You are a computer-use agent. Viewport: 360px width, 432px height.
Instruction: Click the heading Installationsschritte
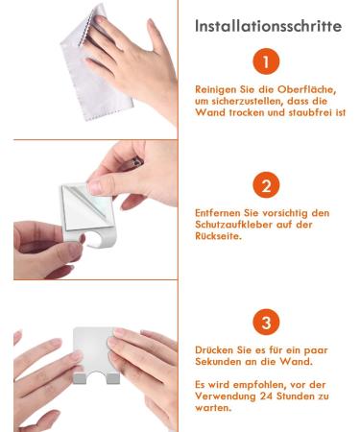tap(268, 26)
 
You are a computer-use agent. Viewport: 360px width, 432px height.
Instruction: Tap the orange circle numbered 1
tap(266, 61)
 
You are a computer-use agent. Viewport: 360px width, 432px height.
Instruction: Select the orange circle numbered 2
tap(266, 185)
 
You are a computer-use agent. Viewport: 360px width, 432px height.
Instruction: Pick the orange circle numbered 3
tap(266, 322)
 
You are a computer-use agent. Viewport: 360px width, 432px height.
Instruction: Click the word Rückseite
tap(218, 236)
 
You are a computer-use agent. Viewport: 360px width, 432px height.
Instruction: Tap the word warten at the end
tap(213, 408)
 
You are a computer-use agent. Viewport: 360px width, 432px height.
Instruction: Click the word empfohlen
tap(258, 385)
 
